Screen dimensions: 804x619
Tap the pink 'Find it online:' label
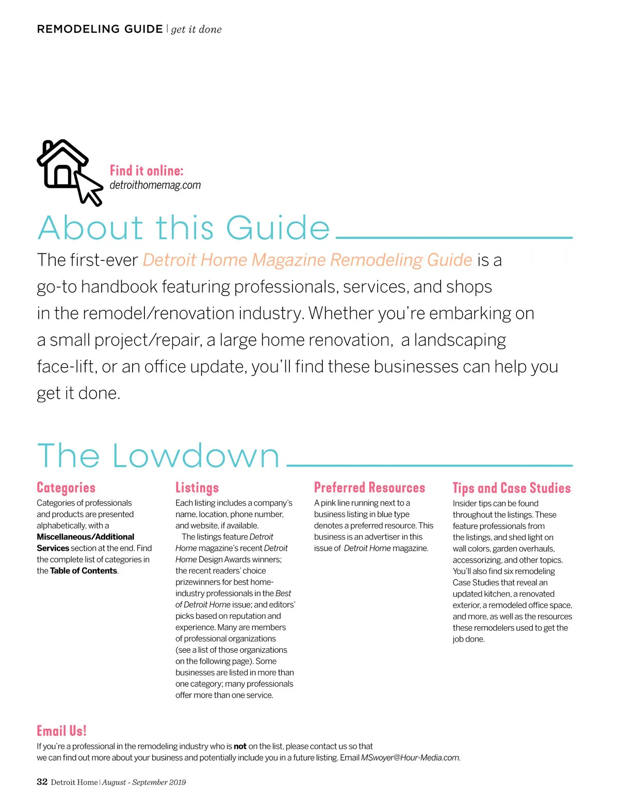pos(146,171)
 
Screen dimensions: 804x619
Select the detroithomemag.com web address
pos(155,185)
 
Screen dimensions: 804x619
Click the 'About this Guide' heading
pos(184,228)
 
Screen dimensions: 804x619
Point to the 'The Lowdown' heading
pos(158,456)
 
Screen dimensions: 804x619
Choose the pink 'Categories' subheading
pos(66,488)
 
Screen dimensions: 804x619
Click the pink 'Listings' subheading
pos(197,488)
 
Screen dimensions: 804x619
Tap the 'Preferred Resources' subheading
pos(369,488)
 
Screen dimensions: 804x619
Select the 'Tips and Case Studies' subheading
pos(512,488)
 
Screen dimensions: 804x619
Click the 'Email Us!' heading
pos(61,731)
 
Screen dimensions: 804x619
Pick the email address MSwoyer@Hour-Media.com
pos(410,758)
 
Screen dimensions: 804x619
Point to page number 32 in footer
pos(42,782)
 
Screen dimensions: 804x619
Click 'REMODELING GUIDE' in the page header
pos(100,29)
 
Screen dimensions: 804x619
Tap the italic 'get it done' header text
pos(197,29)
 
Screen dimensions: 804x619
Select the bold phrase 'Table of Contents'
pos(84,571)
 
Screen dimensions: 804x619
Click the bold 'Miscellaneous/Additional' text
pos(86,537)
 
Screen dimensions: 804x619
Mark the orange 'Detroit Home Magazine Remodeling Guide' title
pos(307,260)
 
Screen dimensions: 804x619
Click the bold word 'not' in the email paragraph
pos(240,746)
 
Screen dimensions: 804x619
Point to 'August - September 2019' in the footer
pos(144,782)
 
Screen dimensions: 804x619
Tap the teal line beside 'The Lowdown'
pos(429,465)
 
